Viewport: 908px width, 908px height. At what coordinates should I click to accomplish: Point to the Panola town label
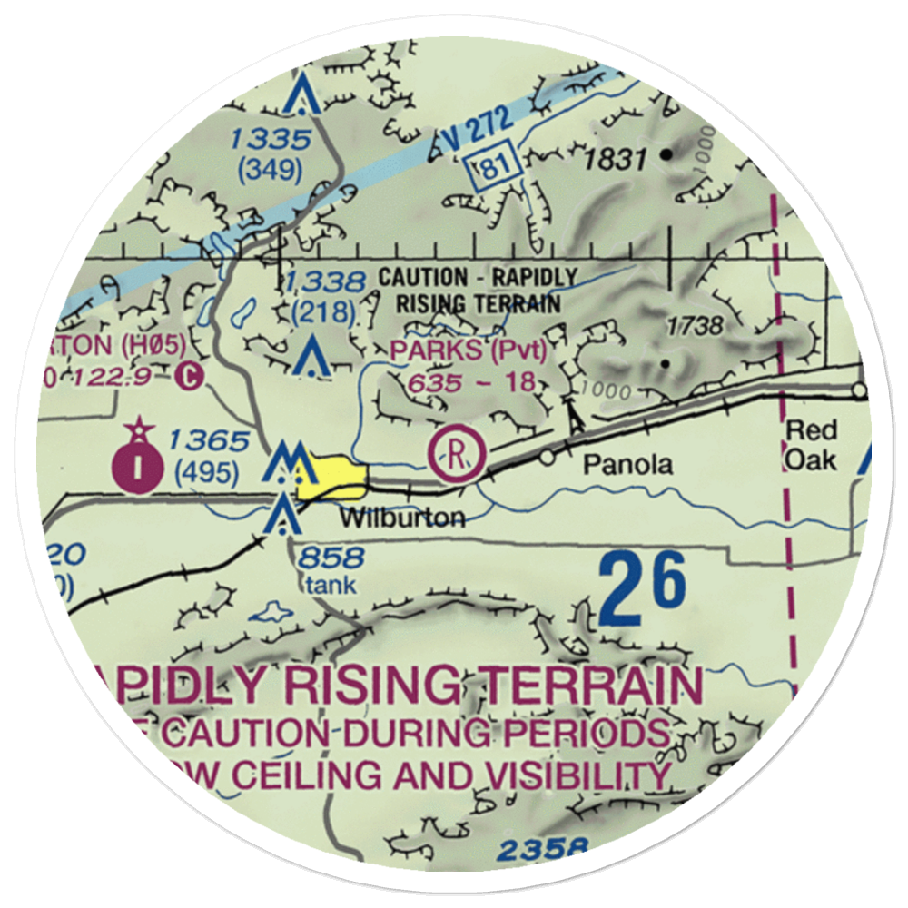coord(628,465)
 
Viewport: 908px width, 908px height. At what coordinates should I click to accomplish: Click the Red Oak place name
coord(811,445)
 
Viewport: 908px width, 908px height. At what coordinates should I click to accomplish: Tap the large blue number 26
coord(643,592)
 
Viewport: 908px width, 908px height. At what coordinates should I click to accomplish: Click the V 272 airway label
coord(476,124)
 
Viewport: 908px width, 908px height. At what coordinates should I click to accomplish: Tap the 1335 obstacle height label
coord(270,140)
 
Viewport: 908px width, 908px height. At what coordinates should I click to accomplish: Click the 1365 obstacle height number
coord(207,442)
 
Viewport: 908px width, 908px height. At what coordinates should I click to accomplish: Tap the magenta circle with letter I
coord(137,466)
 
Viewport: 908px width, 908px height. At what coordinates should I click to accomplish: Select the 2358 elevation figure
coord(542,851)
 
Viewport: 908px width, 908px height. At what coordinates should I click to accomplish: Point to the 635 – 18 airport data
coord(469,381)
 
